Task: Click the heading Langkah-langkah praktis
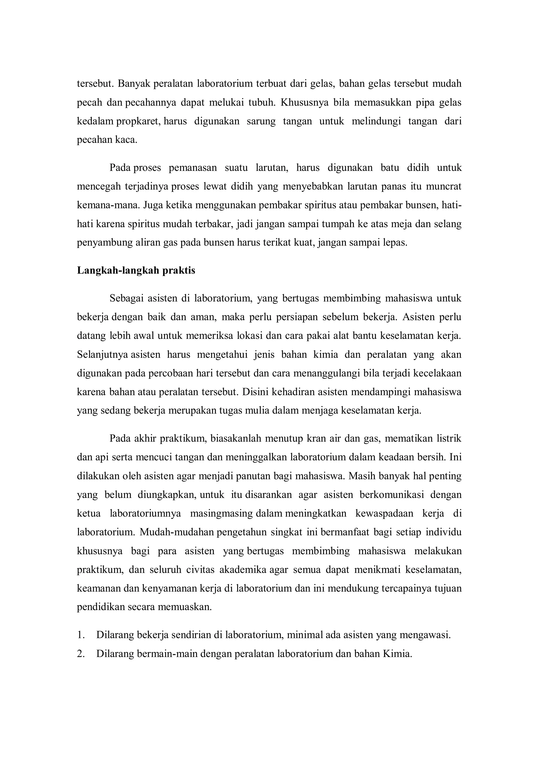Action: coord(136,271)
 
